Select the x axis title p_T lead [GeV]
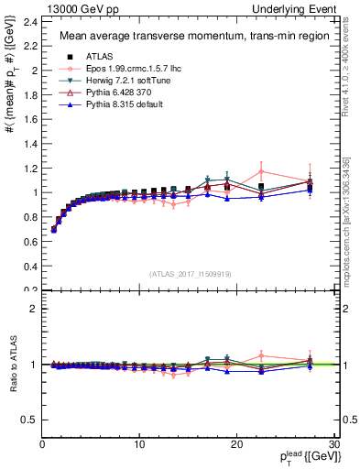click(301, 457)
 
